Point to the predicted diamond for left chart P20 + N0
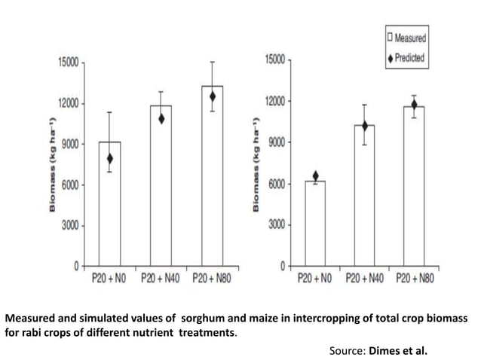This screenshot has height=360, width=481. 110,159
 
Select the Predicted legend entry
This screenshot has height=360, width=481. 406,57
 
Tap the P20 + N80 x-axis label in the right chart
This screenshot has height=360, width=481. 414,279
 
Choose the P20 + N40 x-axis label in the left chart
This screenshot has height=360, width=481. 161,279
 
